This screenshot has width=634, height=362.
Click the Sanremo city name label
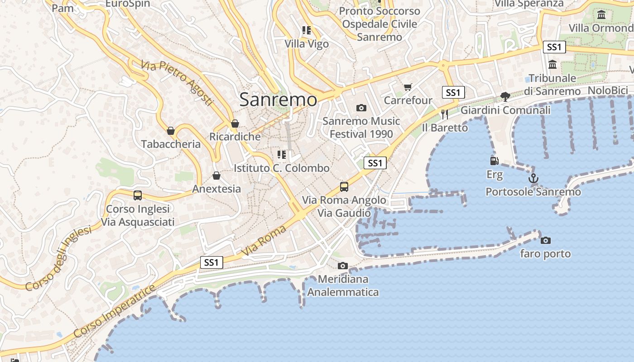[x=278, y=100]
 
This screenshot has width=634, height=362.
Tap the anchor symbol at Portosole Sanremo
[x=533, y=178]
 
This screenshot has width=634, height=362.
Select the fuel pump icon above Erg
[x=495, y=161]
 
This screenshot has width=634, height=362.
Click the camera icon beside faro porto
[x=546, y=240]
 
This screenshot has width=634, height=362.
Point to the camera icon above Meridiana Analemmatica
[x=343, y=266]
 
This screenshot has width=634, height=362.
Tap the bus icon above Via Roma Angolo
[x=344, y=186]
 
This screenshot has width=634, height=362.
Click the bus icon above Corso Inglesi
[x=138, y=195]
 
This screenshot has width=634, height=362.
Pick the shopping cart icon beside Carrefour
[x=408, y=87]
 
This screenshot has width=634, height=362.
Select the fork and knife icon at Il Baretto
[x=445, y=114]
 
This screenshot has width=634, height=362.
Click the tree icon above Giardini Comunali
[x=505, y=96]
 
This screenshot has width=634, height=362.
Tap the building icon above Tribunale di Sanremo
[x=552, y=65]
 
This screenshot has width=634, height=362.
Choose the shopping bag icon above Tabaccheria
[x=171, y=131]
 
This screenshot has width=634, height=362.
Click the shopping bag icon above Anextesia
[x=216, y=176]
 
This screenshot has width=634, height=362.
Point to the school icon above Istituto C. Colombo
[x=282, y=155]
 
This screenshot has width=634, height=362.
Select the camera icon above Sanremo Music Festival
[x=361, y=108]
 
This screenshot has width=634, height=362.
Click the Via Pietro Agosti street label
[x=177, y=83]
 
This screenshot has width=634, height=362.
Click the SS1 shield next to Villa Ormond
[x=554, y=47]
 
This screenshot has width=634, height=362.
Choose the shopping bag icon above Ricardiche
[x=235, y=124]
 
